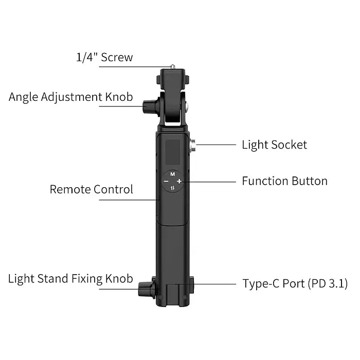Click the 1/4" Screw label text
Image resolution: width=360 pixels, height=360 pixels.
coord(104,57)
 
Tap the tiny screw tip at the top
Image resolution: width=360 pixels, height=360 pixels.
coord(173,67)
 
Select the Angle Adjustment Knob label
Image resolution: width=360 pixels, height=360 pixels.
coord(71,97)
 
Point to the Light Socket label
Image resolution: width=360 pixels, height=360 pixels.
coord(274,145)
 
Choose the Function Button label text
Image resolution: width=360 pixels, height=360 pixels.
coord(284,181)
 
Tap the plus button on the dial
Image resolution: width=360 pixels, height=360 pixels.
coord(179,181)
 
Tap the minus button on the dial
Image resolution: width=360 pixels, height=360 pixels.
coord(166,181)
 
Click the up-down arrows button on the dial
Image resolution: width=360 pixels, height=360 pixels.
coord(173,188)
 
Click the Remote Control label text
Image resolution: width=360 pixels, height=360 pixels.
coord(91,189)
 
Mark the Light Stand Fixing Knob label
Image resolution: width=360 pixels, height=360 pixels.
coord(70,279)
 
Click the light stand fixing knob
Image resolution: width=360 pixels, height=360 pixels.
coord(147,289)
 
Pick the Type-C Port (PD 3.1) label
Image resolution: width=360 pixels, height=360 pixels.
coord(295,283)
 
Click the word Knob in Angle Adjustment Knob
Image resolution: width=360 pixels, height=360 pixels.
coord(119,97)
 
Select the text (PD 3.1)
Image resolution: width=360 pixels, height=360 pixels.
coord(328,283)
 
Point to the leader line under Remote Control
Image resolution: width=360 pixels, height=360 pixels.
coord(129,200)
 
